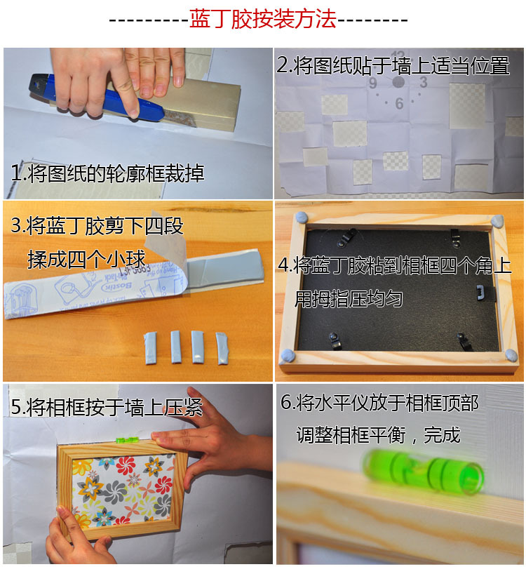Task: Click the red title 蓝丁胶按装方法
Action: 262,18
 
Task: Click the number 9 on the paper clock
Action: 372,84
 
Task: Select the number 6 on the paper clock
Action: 399,103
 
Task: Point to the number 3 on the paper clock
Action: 423,82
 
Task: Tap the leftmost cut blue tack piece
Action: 150,348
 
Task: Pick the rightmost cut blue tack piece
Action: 222,348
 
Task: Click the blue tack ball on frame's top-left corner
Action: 302,218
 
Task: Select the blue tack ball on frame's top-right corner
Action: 497,221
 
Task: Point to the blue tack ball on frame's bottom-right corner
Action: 511,355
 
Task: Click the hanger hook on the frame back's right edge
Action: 482,293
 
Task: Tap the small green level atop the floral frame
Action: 127,440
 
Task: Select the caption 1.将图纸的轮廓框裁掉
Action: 107,173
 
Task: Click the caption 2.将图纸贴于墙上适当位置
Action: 393,65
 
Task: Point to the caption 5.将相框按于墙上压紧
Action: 107,407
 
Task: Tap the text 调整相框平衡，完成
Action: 378,434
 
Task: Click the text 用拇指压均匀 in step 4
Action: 349,299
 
